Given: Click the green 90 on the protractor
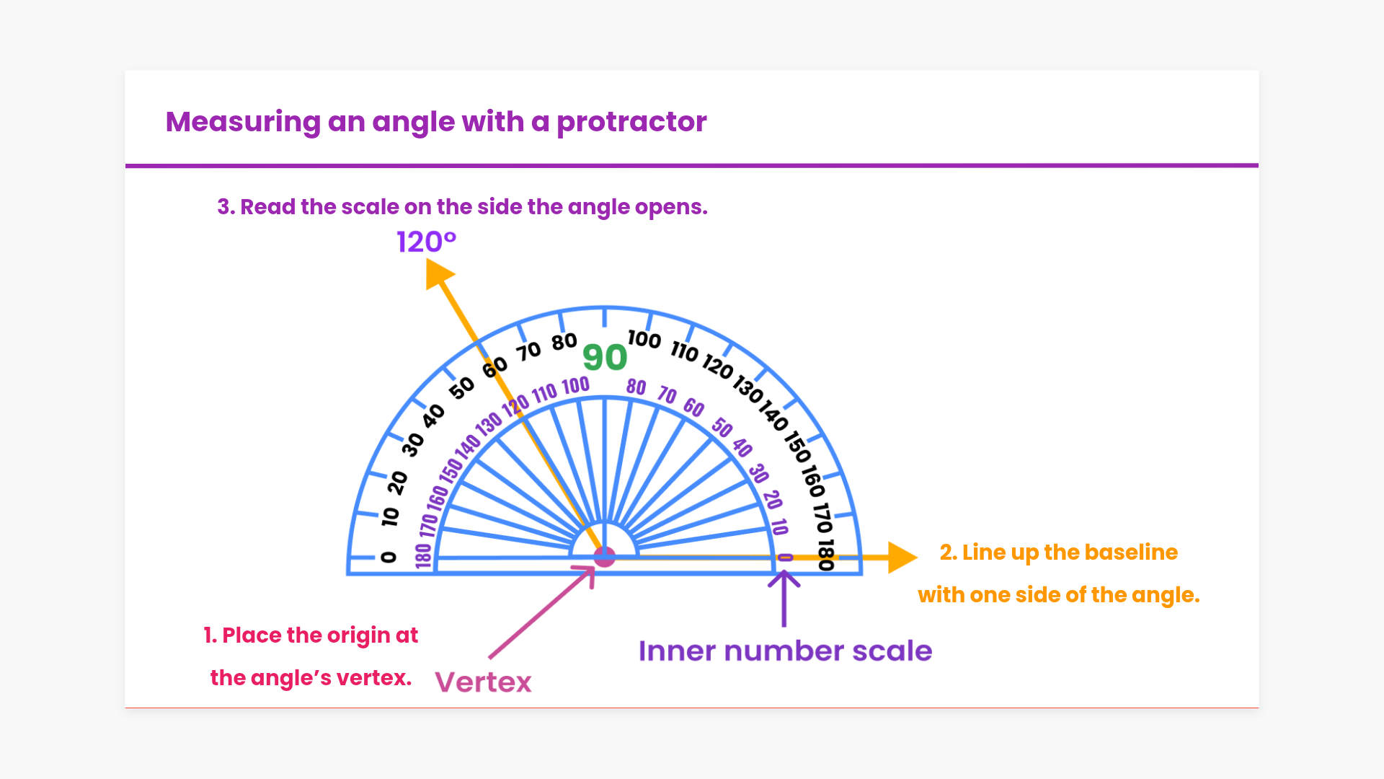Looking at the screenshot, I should click(x=605, y=357).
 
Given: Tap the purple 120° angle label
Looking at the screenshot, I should click(x=426, y=242).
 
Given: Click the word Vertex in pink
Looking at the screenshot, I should click(x=483, y=682).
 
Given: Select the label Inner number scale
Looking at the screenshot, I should click(x=785, y=651).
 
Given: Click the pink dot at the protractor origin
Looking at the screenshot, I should click(x=604, y=557).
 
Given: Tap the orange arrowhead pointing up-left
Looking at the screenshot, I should click(x=438, y=274).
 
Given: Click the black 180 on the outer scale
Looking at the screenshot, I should click(x=826, y=555).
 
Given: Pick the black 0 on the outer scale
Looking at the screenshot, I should click(x=389, y=557).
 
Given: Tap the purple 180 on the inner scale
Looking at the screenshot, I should click(x=423, y=555).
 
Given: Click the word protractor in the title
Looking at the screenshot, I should click(x=631, y=122).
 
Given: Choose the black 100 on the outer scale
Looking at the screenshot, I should click(x=644, y=339).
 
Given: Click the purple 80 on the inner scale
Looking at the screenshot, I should click(x=636, y=387).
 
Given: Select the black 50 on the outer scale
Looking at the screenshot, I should click(x=462, y=387).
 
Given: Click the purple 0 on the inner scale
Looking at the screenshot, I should click(x=785, y=558).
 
